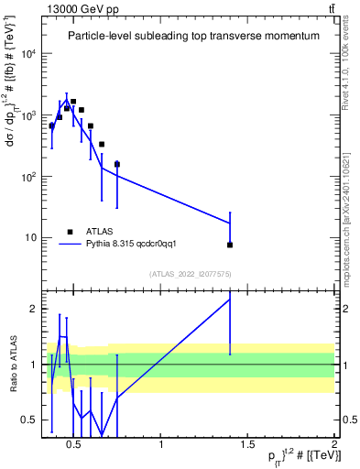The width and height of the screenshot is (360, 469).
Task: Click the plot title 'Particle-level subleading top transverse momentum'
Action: pyautogui.click(x=193, y=36)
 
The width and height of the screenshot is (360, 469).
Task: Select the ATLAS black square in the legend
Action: pyautogui.click(x=70, y=232)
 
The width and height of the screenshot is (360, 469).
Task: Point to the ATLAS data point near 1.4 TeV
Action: pyautogui.click(x=230, y=245)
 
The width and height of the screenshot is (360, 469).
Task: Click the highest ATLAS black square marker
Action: pyautogui.click(x=73, y=102)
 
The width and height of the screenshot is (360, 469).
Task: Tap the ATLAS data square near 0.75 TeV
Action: pyautogui.click(x=117, y=164)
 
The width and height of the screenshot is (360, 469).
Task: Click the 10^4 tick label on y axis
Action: pyautogui.click(x=28, y=53)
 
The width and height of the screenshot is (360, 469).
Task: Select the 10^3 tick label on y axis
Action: pyautogui.click(x=28, y=115)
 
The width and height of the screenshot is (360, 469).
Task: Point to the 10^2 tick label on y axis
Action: pyautogui.click(x=28, y=177)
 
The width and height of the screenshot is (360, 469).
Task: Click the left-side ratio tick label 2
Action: pyautogui.click(x=32, y=309)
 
